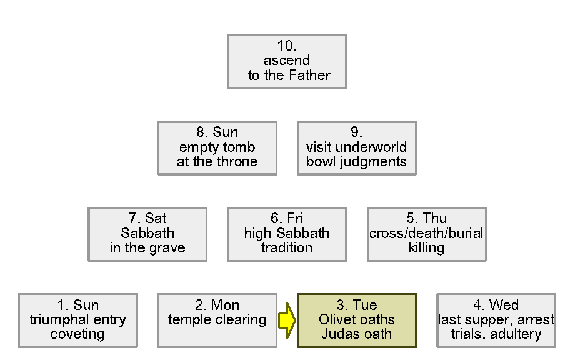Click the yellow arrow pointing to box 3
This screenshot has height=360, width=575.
pyautogui.click(x=286, y=321)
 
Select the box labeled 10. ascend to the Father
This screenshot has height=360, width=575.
pyautogui.click(x=287, y=61)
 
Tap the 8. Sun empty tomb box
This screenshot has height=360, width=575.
pyautogui.click(x=217, y=147)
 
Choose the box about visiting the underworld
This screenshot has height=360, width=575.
pyautogui.click(x=356, y=147)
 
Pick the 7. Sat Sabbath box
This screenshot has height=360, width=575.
pyautogui.click(x=147, y=234)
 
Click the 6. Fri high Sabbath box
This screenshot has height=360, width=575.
pyautogui.click(x=287, y=234)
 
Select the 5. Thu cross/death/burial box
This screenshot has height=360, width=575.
pyautogui.click(x=426, y=234)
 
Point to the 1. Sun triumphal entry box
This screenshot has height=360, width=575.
pyautogui.click(x=77, y=320)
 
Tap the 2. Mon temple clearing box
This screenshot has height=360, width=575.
pyautogui.click(x=217, y=320)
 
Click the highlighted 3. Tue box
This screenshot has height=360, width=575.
pyautogui.click(x=356, y=320)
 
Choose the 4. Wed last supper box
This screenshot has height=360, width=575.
pyautogui.click(x=496, y=320)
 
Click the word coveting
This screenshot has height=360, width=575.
pyautogui.click(x=77, y=334)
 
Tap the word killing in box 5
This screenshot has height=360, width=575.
pyautogui.click(x=426, y=248)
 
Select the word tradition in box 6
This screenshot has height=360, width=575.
pyautogui.click(x=287, y=248)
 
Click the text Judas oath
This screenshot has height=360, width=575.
pyautogui.click(x=356, y=334)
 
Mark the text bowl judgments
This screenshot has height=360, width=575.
pyautogui.click(x=356, y=162)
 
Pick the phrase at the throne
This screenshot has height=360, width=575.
pyautogui.click(x=217, y=162)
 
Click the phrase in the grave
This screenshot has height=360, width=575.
pyautogui.click(x=147, y=248)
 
